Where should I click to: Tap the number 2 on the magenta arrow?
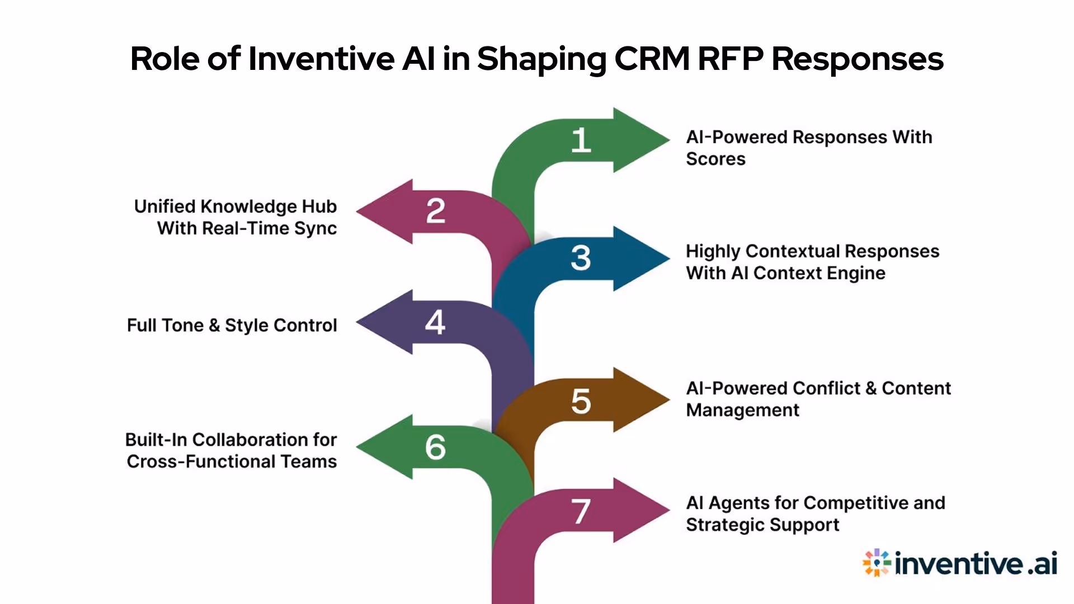pyautogui.click(x=436, y=211)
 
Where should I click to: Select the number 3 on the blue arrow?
pyautogui.click(x=581, y=258)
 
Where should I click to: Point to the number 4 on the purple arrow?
pyautogui.click(x=435, y=322)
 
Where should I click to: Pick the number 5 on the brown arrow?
pyautogui.click(x=581, y=402)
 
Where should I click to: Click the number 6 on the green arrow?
pyautogui.click(x=436, y=447)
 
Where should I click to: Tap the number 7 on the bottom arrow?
pyautogui.click(x=581, y=511)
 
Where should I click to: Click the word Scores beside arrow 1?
pyautogui.click(x=715, y=159)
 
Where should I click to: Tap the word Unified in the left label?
pyautogui.click(x=164, y=206)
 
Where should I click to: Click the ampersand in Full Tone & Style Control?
pyautogui.click(x=214, y=325)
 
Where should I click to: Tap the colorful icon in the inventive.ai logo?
pyautogui.click(x=876, y=563)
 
